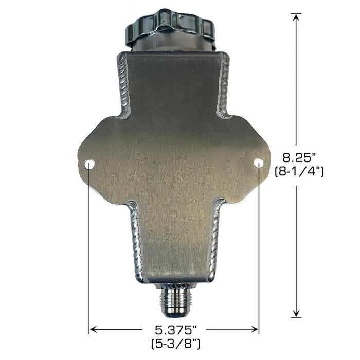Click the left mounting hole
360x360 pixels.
89,164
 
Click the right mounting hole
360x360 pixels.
259,163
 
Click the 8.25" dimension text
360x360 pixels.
299,158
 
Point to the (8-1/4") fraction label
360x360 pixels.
299,171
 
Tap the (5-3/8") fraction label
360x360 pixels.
176,344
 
